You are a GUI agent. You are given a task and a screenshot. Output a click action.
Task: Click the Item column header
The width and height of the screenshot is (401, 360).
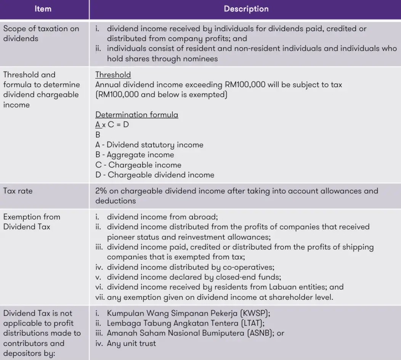click(43, 9)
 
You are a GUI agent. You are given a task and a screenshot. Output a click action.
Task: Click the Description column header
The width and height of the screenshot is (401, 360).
click(246, 9)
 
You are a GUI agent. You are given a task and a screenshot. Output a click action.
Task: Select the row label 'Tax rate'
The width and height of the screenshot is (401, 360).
click(18, 191)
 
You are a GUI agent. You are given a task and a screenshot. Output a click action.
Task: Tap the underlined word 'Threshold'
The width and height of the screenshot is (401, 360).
click(113, 75)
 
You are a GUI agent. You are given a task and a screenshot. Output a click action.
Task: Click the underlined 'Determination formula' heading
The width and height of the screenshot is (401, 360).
click(136, 115)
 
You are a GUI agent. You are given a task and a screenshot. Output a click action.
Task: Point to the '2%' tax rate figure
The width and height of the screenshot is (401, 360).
click(101, 191)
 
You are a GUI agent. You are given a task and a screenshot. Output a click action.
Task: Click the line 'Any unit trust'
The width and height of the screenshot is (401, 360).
click(132, 343)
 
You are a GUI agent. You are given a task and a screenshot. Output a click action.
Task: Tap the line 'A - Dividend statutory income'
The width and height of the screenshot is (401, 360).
click(149, 145)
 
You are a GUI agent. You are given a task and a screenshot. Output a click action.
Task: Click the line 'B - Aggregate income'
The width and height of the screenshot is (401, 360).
click(135, 155)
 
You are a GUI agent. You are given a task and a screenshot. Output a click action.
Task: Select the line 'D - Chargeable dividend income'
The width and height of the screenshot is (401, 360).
click(154, 175)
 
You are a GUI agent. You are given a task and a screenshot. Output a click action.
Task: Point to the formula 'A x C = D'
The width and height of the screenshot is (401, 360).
click(112, 125)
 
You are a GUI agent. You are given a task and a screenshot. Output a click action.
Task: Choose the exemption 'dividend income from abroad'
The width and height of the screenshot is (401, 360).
click(162, 217)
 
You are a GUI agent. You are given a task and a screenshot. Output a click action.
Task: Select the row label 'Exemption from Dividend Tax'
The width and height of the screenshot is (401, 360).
click(32, 222)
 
